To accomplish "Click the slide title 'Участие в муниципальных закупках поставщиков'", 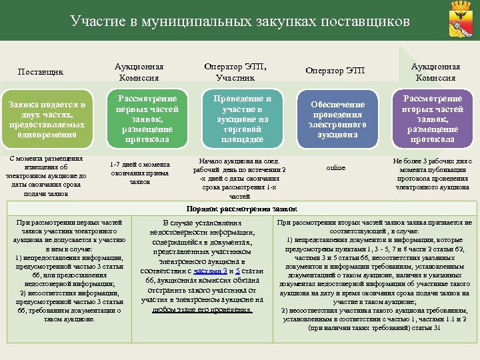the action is [x=239, y=21].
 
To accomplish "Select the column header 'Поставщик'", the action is [x=41, y=71].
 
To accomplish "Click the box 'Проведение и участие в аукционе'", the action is [x=237, y=119].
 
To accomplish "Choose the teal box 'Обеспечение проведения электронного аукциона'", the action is [x=337, y=119].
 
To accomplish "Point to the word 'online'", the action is [x=335, y=167].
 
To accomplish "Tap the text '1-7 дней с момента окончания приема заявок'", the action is [x=140, y=172].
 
